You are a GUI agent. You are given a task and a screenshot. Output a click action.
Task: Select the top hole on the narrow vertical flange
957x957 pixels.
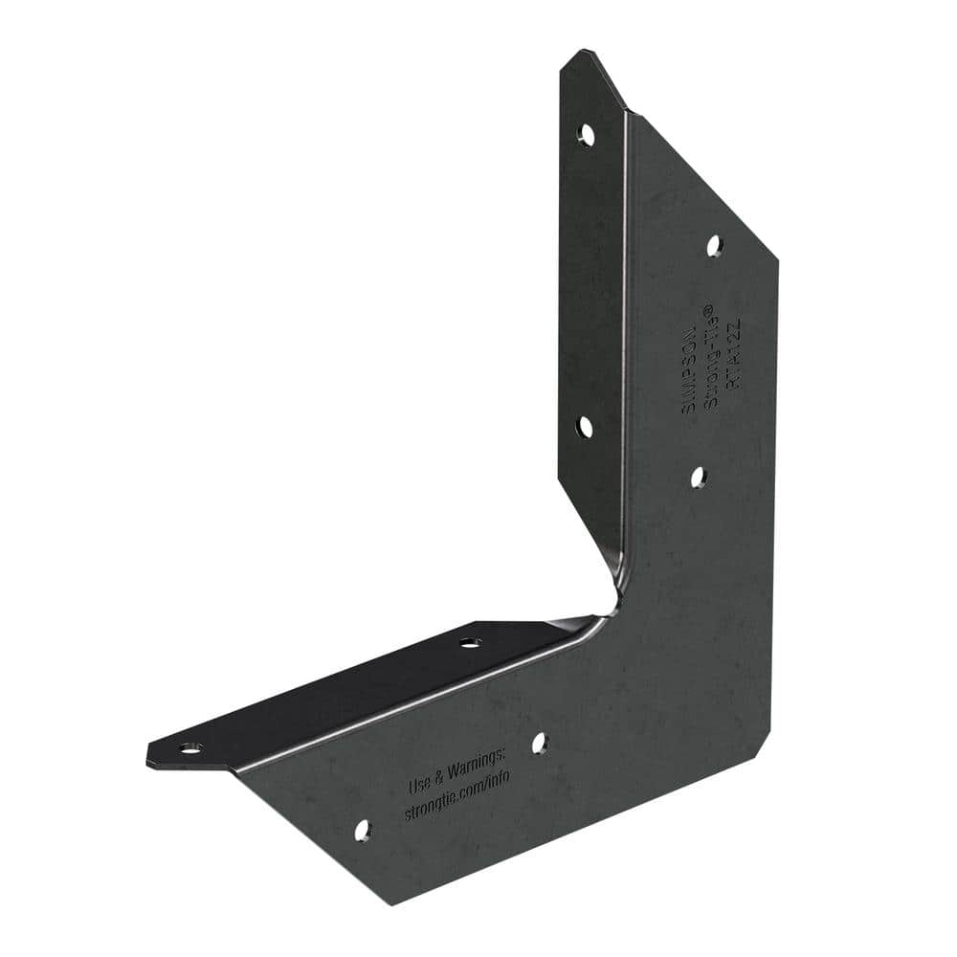pos(587,135)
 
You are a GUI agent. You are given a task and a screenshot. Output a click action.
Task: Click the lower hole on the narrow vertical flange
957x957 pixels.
pos(585,427)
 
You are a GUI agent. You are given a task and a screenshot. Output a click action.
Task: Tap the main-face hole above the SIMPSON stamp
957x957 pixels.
pos(714,246)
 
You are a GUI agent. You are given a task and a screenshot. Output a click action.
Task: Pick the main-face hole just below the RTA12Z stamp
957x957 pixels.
pos(699,476)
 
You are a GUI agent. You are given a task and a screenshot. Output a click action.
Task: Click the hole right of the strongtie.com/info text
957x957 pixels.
pos(539,743)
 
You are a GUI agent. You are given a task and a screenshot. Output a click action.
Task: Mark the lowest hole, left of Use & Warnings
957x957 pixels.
pos(363,830)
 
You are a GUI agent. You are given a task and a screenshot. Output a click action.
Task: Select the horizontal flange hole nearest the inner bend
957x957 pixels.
pos(469,642)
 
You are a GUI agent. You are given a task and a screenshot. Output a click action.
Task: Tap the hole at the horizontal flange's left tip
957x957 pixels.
pos(190,747)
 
